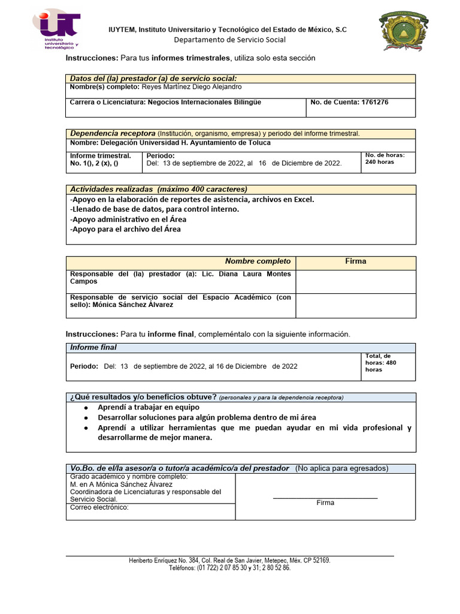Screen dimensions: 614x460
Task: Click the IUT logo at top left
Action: point(60,29)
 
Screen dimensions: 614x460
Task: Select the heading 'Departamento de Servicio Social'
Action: point(230,40)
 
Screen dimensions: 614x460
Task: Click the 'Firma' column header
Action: point(355,261)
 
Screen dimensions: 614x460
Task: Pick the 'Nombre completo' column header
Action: point(258,261)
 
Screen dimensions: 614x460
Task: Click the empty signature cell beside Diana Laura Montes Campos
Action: point(355,281)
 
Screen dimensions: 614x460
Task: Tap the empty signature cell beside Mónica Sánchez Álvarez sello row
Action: point(355,305)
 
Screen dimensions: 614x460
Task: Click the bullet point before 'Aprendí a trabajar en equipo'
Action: point(87,408)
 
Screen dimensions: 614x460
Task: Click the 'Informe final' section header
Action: point(93,348)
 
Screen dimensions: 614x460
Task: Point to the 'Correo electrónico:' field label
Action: point(99,507)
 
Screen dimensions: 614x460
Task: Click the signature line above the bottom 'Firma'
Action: point(325,498)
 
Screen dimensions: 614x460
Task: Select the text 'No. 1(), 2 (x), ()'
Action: point(94,163)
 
